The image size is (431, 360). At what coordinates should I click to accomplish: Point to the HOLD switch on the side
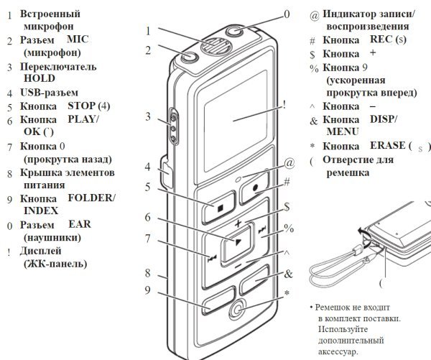[172, 123]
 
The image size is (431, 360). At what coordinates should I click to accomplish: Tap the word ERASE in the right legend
[385, 145]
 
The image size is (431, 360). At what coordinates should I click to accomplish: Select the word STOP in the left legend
[81, 107]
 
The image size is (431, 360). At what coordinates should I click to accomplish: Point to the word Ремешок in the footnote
[338, 307]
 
